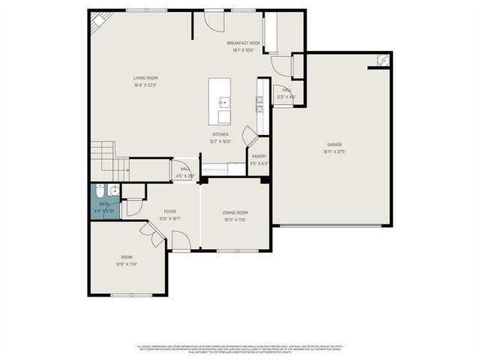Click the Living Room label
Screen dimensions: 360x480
(x=145, y=77)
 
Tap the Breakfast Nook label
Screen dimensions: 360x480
(x=243, y=43)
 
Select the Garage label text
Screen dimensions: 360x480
(x=334, y=144)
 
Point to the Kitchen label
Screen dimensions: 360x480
(x=220, y=134)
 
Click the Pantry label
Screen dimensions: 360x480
(x=259, y=156)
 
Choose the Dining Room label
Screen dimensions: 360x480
(x=235, y=213)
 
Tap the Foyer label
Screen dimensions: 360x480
(x=170, y=211)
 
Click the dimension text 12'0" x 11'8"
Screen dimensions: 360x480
(x=127, y=264)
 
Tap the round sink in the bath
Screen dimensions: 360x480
(x=113, y=191)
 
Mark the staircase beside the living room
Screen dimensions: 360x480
(x=105, y=156)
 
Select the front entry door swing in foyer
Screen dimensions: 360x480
(x=181, y=241)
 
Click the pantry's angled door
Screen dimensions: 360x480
(x=250, y=140)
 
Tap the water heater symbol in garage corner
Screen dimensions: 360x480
(x=382, y=60)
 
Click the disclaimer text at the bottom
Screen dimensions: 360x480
(x=240, y=349)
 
